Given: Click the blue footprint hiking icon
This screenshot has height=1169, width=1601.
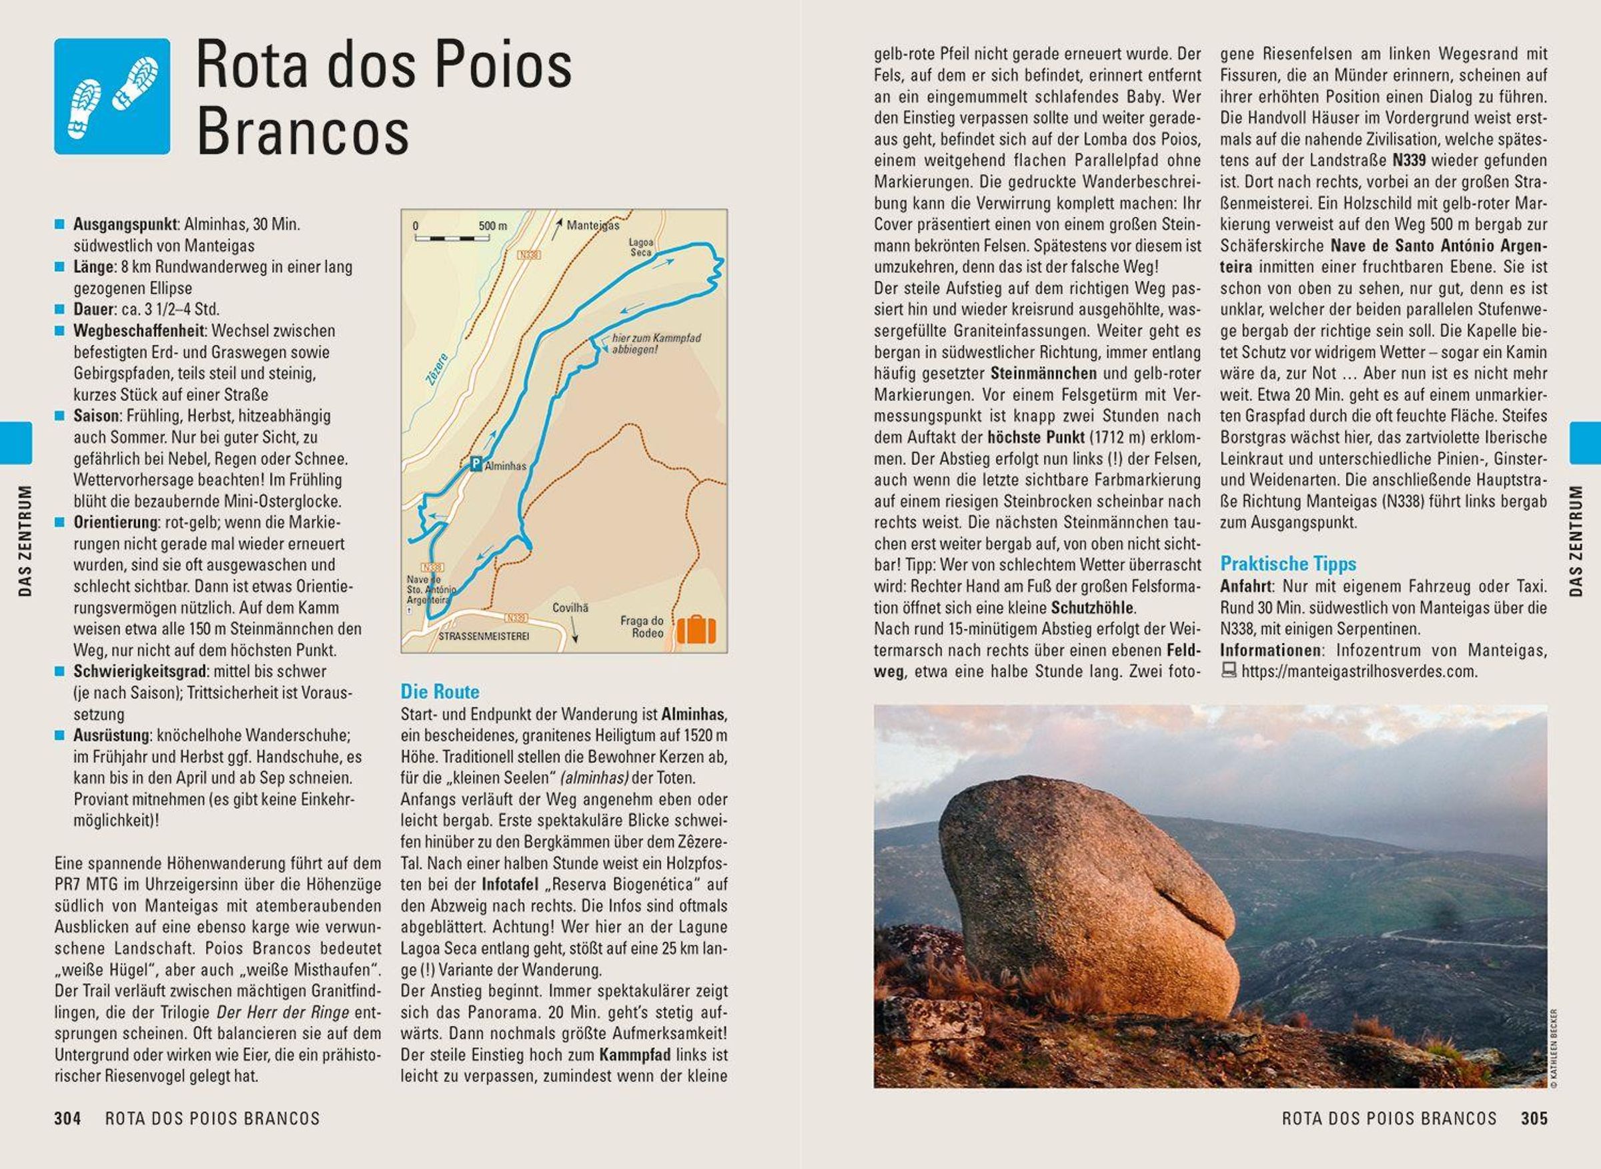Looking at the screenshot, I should pyautogui.click(x=112, y=96).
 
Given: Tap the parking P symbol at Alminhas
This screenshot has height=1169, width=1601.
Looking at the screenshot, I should pyautogui.click(x=476, y=464).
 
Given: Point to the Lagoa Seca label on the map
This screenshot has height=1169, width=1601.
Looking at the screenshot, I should pyautogui.click(x=640, y=247).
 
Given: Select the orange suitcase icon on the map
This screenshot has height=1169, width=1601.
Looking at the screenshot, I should pyautogui.click(x=696, y=629).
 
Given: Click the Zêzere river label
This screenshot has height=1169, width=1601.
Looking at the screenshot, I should pyautogui.click(x=437, y=369).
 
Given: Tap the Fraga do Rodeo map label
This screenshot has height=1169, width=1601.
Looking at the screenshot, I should pyautogui.click(x=642, y=627).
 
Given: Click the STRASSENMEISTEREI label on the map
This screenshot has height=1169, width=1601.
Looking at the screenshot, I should pyautogui.click(x=483, y=636).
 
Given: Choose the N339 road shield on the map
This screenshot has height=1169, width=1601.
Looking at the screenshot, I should pyautogui.click(x=516, y=618).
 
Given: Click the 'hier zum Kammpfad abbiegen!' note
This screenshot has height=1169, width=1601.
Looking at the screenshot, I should pyautogui.click(x=655, y=343).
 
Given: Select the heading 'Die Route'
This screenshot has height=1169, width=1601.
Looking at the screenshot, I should pyautogui.click(x=440, y=691).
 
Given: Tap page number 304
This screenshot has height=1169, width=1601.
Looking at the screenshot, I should pyautogui.click(x=67, y=1119).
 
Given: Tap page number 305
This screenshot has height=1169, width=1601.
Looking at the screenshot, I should pyautogui.click(x=1534, y=1119).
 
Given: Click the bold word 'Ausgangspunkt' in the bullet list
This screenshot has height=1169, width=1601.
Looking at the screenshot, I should pyautogui.click(x=125, y=224).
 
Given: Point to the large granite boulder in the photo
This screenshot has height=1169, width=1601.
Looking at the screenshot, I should pyautogui.click(x=1089, y=899).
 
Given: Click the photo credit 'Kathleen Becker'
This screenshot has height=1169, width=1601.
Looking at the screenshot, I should pyautogui.click(x=1554, y=1048).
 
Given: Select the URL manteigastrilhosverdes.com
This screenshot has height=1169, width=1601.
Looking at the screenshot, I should pyautogui.click(x=1359, y=671).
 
